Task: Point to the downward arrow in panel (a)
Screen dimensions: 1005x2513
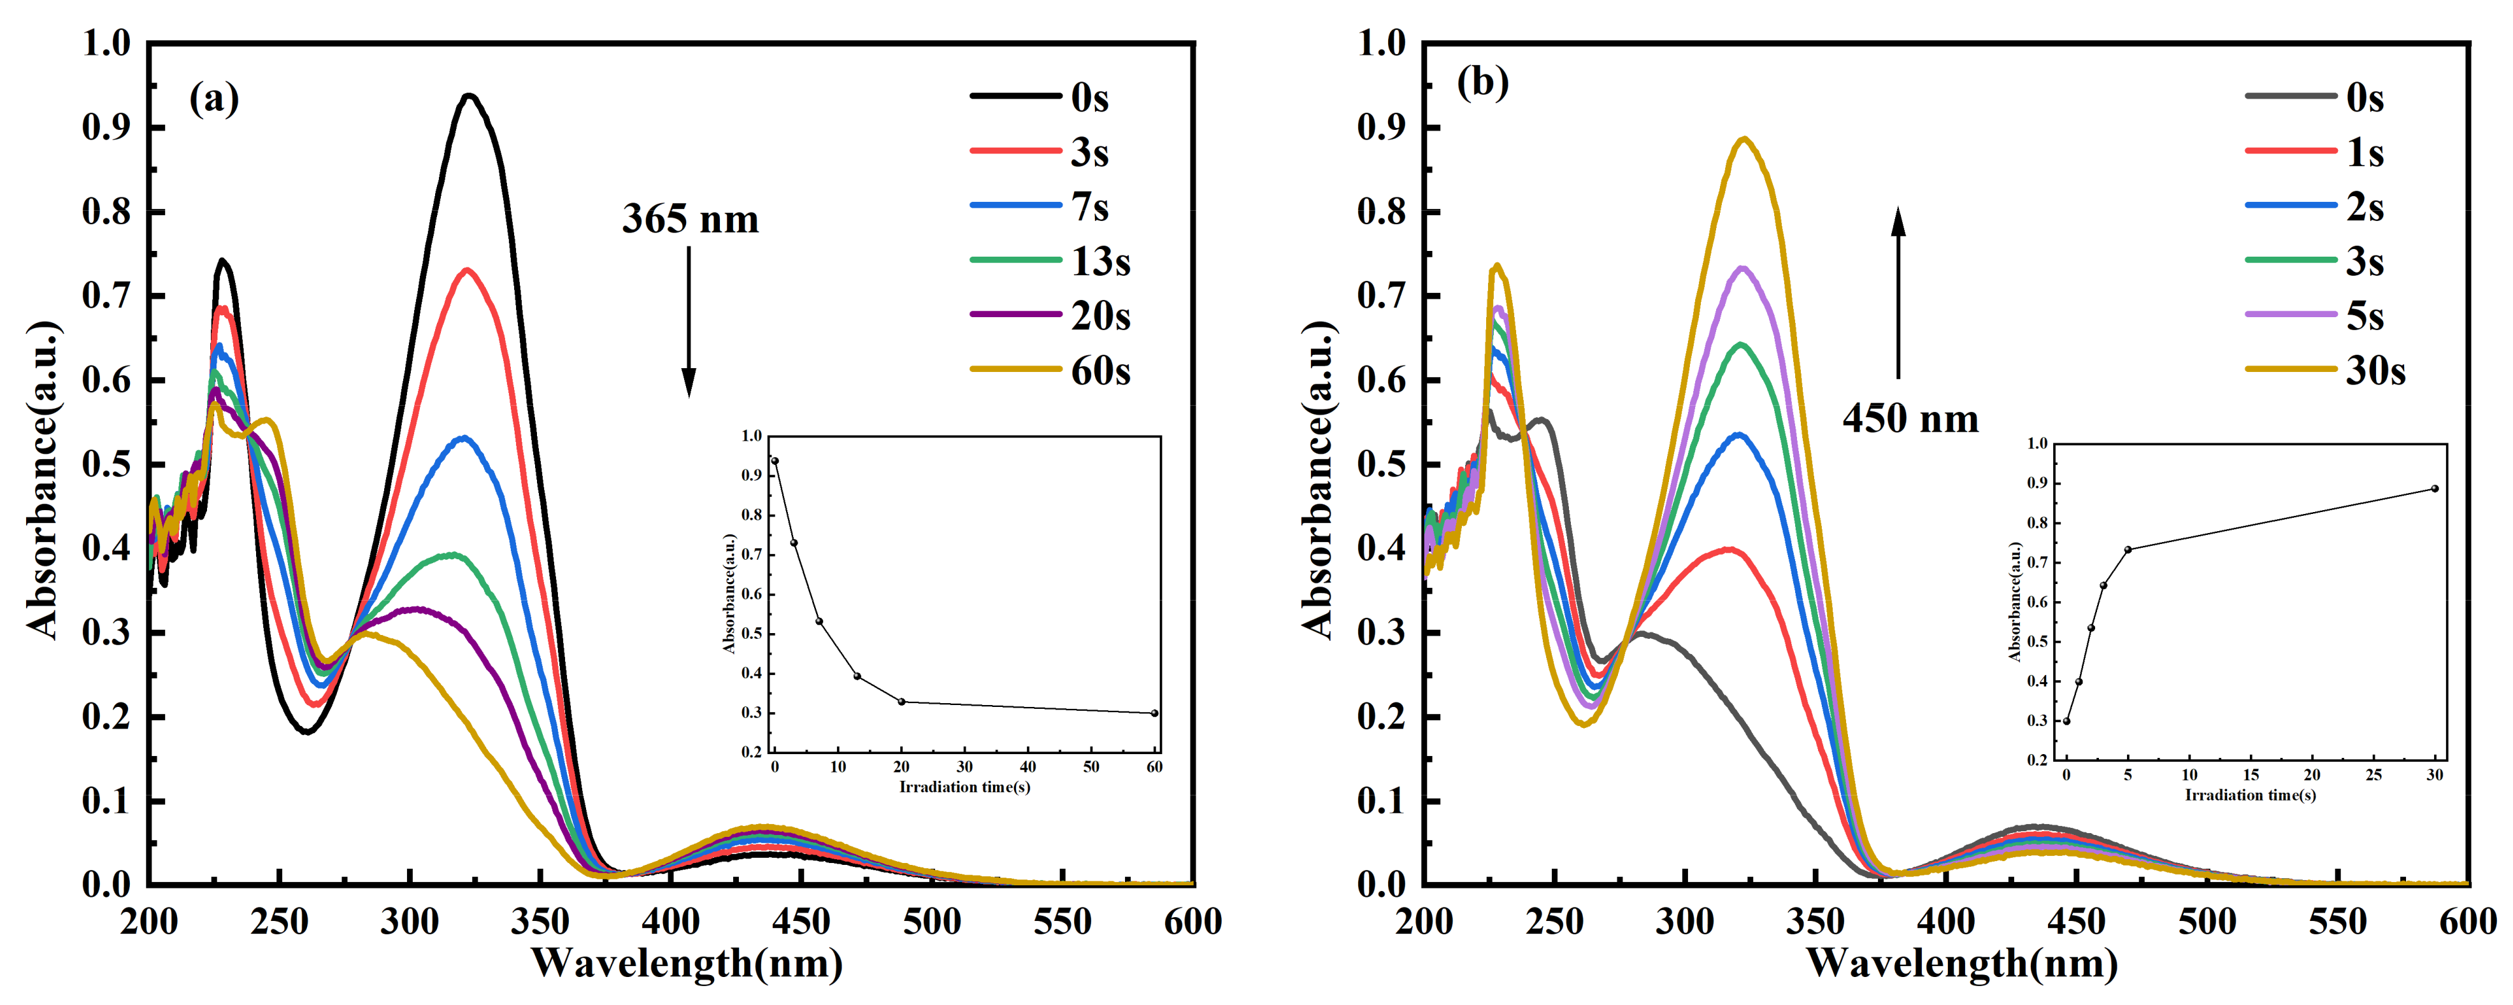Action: coord(689,322)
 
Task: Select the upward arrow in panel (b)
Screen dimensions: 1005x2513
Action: coord(1898,293)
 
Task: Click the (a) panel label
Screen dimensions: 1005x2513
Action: coord(213,99)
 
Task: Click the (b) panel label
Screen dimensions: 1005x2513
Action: coord(1482,82)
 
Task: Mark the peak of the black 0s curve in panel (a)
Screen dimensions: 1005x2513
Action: coord(469,96)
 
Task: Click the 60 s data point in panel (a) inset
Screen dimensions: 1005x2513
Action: coord(1155,713)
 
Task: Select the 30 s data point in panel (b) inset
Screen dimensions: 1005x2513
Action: coord(2435,489)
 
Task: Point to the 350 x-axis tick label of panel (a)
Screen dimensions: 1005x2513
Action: coord(540,921)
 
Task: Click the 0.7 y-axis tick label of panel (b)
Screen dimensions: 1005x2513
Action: coord(1382,295)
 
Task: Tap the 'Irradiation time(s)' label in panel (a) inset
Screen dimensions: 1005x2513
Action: coord(964,787)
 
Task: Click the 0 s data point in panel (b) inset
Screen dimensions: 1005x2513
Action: coord(2066,721)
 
